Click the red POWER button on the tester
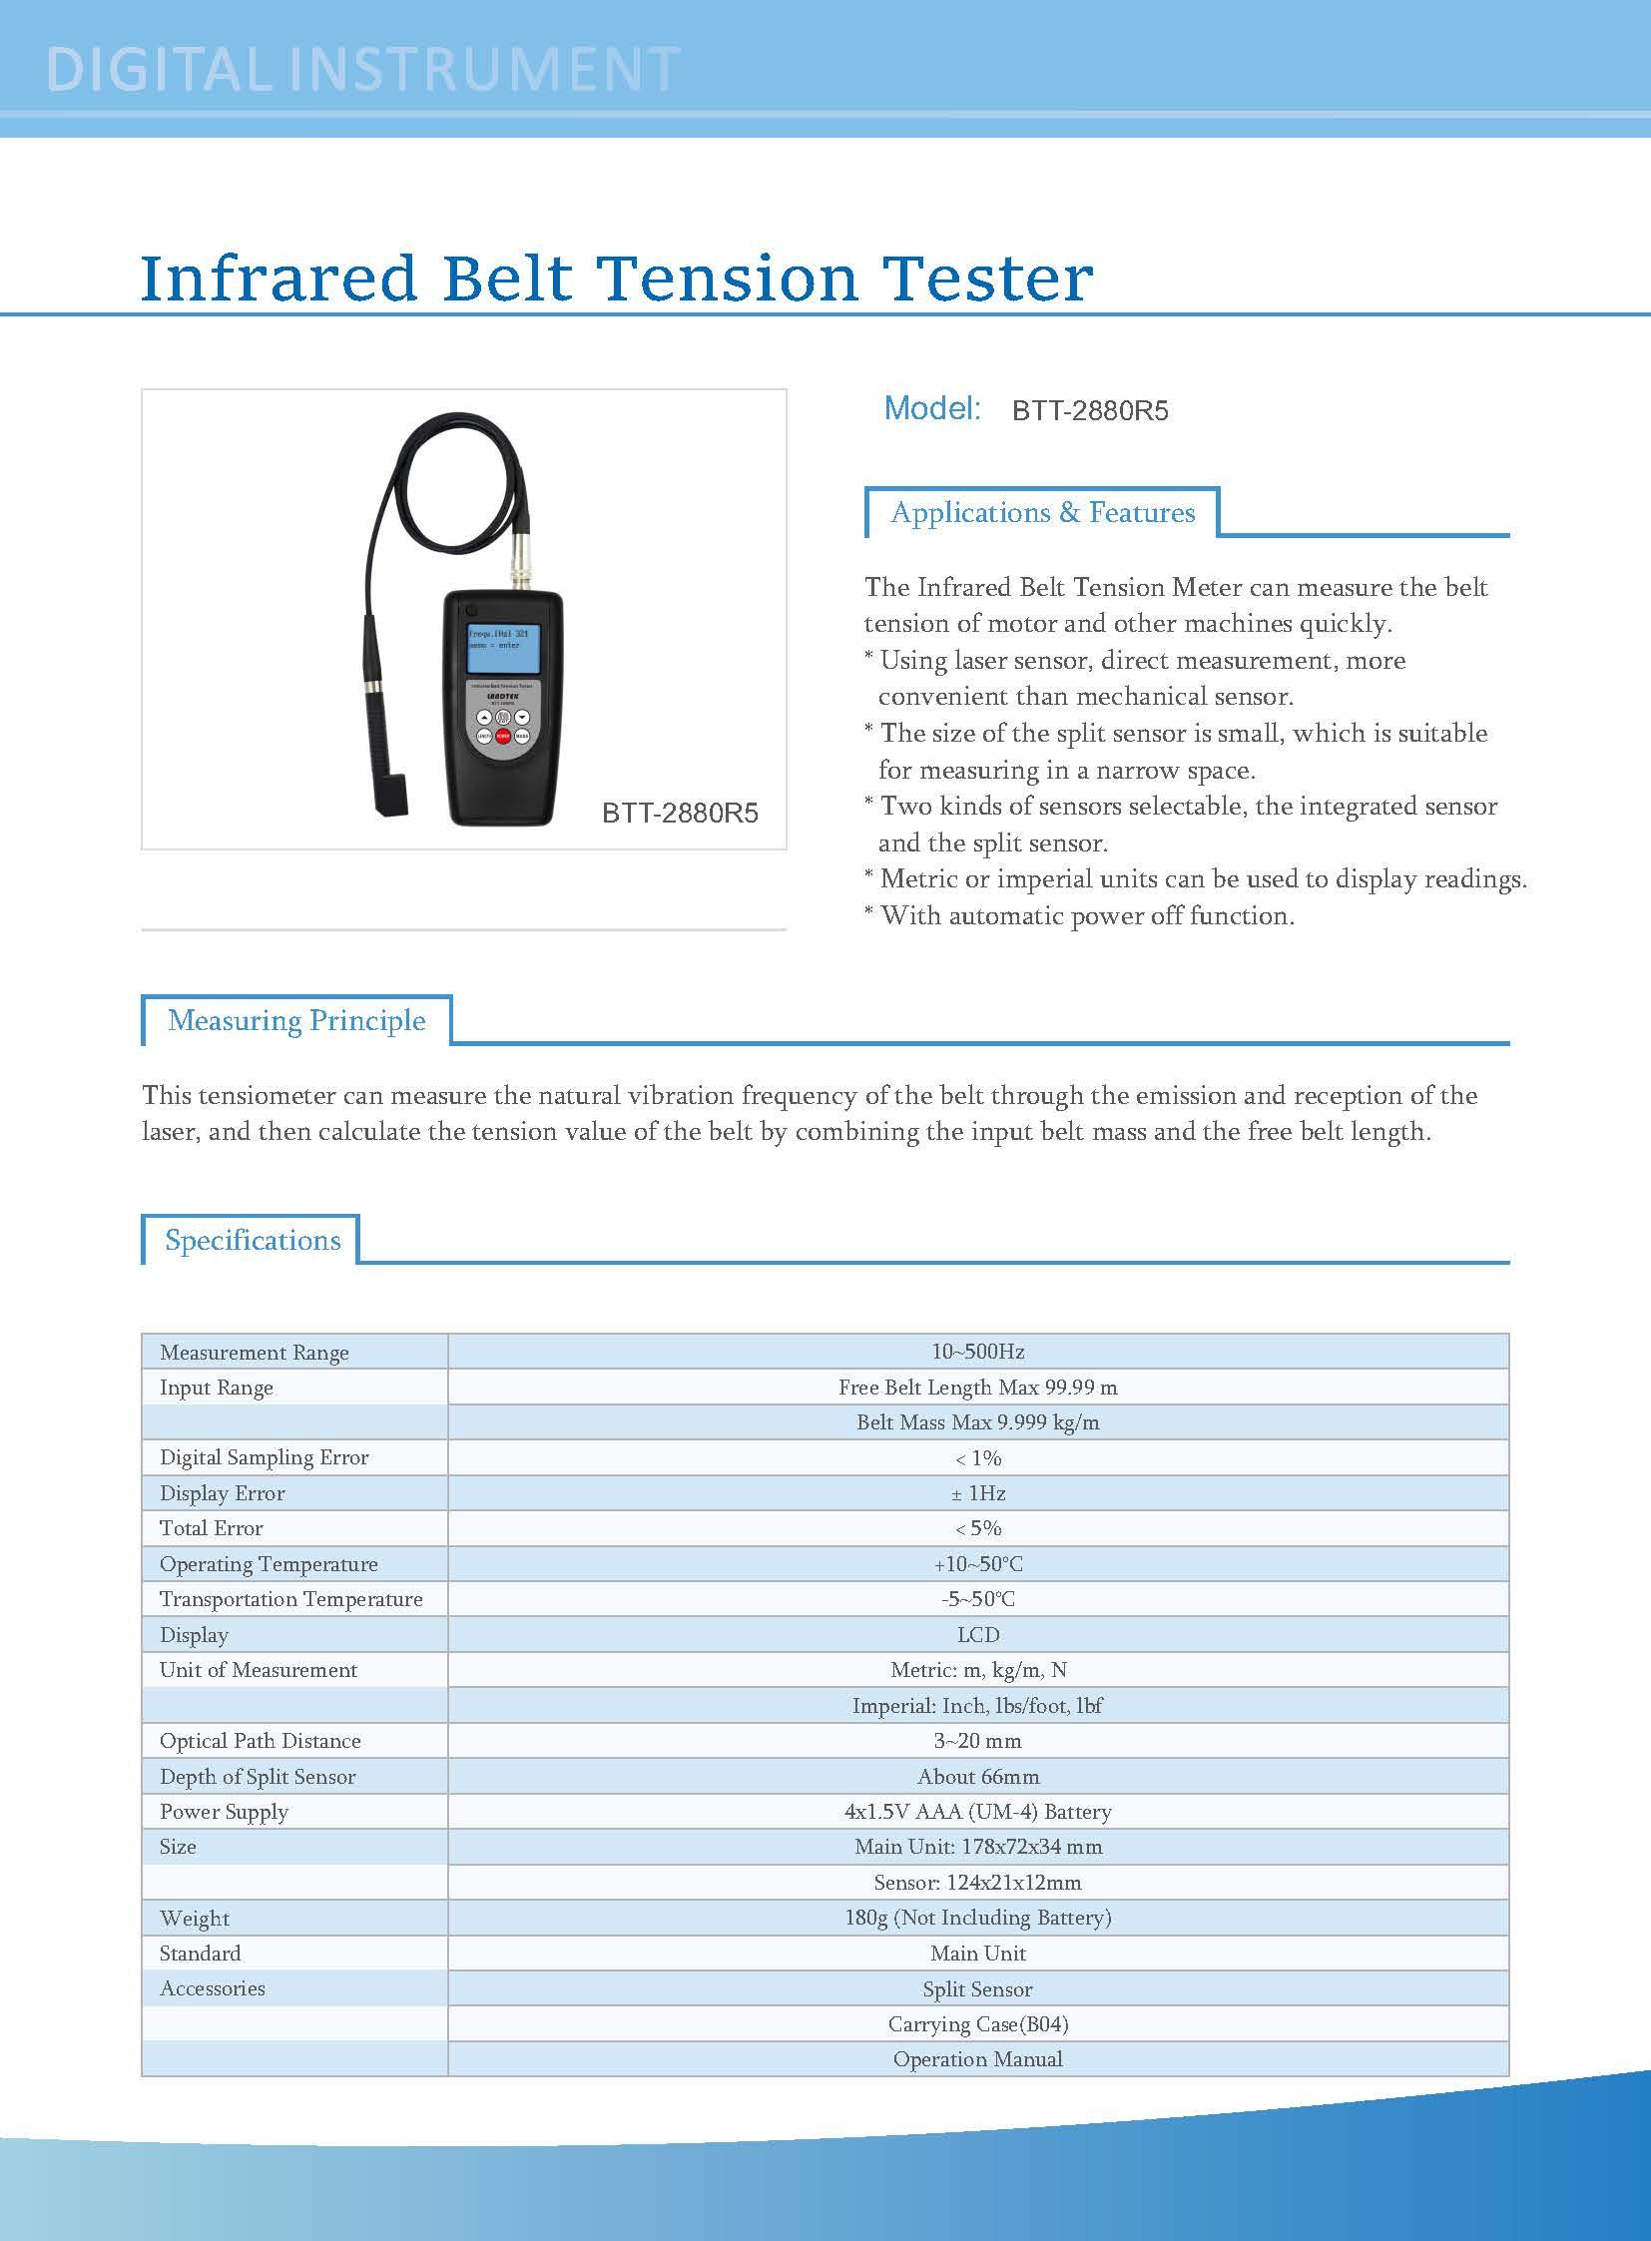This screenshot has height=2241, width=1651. coord(503,737)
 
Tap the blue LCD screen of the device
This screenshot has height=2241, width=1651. coord(504,649)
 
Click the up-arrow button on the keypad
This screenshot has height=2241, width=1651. coord(485,718)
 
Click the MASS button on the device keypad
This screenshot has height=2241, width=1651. coord(522,737)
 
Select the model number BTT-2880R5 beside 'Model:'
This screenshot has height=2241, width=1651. coord(1089,411)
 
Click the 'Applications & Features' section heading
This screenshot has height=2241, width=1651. coord(1042,513)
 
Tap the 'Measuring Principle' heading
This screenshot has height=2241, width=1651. coord(296,1020)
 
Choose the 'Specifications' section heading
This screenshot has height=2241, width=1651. coord(253,1241)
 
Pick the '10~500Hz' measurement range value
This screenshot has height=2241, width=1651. coord(977,1352)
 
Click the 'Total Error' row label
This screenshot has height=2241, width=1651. coord(211,1528)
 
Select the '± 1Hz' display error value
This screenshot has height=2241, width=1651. coord(977,1493)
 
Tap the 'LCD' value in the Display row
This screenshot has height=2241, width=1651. coord(977,1635)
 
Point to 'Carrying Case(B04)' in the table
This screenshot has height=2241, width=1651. coord(977,2024)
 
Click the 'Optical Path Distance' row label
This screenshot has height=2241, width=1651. coord(260,1741)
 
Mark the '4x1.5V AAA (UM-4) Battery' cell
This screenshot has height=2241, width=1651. coord(977,1812)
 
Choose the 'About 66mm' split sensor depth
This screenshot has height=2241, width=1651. coord(977,1777)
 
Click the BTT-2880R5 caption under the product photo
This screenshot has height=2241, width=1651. coord(680,814)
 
